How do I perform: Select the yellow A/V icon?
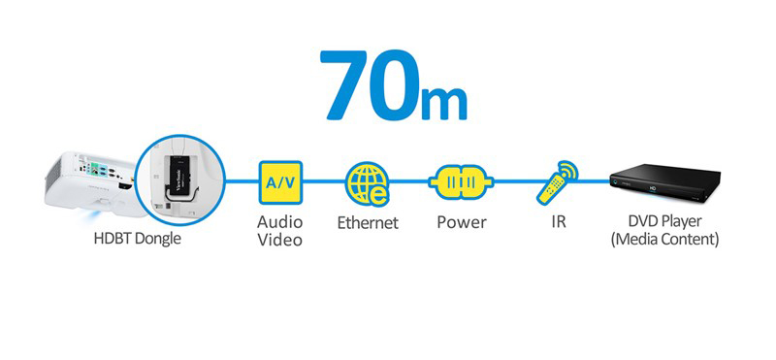280,180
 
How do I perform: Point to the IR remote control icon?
558,181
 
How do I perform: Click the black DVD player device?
665,182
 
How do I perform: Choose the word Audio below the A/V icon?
280,222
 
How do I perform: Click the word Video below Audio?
280,240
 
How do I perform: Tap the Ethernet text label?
368,223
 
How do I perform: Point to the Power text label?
461,223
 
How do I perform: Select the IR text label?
558,223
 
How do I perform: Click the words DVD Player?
665,221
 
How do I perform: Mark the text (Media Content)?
665,239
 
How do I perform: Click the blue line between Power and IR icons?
514,181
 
